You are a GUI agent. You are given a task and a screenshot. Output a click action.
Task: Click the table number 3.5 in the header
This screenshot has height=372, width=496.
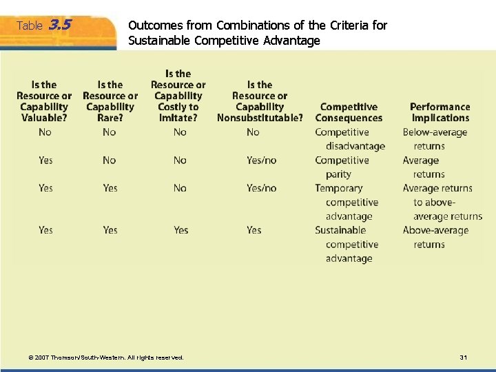click(61, 25)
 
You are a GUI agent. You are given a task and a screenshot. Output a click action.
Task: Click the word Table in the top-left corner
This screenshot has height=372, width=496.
click(30, 26)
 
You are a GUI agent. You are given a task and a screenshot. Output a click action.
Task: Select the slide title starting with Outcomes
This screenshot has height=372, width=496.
click(258, 33)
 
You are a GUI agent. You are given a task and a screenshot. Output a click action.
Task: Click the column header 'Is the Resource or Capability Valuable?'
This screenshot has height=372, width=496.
click(44, 101)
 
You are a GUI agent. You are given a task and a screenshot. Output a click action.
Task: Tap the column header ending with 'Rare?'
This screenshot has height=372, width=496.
click(110, 101)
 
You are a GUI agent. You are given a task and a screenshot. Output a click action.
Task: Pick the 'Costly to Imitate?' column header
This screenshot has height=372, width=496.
click(178, 96)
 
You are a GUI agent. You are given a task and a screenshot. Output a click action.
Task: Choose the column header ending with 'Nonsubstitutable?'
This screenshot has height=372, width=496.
click(260, 101)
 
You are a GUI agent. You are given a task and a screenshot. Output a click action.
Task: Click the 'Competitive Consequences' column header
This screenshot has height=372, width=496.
click(349, 112)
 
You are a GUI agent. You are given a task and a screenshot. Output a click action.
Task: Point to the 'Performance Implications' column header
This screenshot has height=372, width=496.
click(440, 112)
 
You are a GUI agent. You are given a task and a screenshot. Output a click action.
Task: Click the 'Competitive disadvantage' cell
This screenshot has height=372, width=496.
click(350, 139)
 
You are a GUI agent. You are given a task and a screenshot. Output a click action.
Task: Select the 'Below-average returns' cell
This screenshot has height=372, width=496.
click(435, 139)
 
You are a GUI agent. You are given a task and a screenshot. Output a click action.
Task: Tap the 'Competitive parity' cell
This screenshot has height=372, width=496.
click(342, 167)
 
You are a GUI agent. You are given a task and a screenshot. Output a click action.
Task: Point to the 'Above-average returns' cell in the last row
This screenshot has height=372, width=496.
click(435, 238)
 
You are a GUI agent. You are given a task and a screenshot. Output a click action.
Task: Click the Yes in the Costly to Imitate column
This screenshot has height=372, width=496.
click(181, 230)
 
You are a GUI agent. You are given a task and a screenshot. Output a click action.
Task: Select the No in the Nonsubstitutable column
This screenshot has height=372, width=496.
click(253, 132)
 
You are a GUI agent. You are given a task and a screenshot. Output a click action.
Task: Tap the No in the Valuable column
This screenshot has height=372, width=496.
click(45, 132)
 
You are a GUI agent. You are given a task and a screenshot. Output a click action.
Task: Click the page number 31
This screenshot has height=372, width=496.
click(463, 358)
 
